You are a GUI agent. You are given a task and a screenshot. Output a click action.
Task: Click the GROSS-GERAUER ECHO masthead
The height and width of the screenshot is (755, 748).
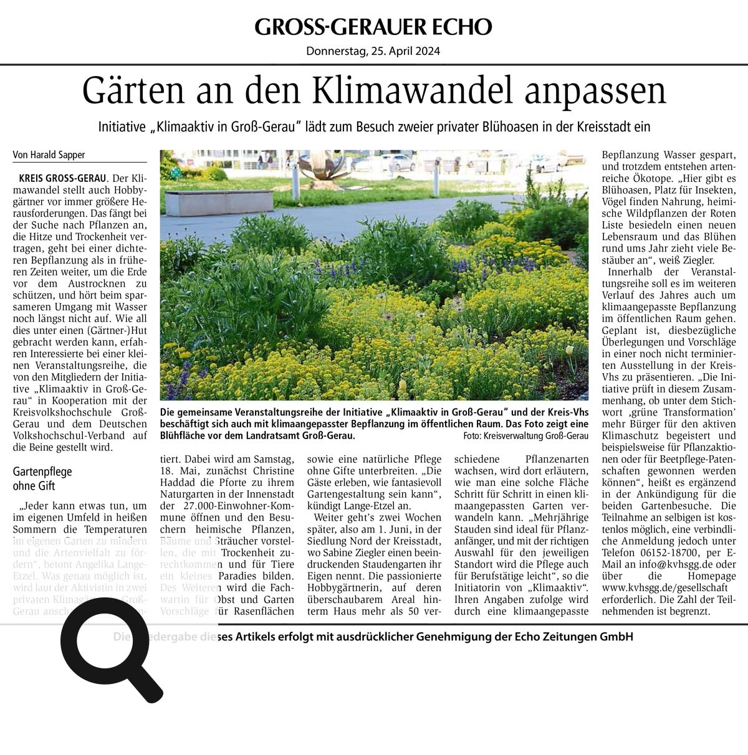373,27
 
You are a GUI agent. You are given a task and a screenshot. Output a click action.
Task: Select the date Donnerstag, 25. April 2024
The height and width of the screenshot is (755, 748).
373,52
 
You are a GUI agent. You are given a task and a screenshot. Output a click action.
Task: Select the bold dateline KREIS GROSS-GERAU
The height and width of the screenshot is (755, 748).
63,178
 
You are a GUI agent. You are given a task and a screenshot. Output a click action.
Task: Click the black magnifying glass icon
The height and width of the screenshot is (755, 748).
112,648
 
